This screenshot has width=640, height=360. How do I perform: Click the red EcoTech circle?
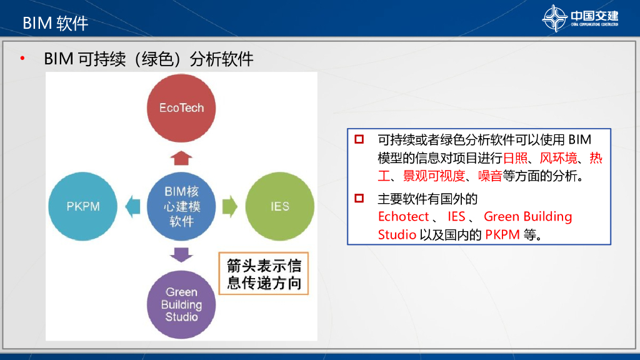181,108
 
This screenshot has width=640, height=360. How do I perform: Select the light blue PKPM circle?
83,206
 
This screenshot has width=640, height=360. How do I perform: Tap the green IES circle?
280,206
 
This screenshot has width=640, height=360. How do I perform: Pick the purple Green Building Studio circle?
181,304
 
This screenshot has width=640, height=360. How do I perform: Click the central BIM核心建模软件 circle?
181,206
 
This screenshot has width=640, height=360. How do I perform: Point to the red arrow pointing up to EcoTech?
181,158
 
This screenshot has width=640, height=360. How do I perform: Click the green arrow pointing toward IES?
230,206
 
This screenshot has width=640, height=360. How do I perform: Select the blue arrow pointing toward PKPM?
132,206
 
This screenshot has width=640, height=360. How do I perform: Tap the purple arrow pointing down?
181,255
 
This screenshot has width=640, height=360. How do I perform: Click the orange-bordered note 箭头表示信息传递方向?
264,274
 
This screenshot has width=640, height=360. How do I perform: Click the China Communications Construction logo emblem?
555,18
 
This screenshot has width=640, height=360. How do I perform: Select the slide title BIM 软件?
56,23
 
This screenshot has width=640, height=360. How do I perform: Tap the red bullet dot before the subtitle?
22,59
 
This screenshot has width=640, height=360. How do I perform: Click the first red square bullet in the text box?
359,139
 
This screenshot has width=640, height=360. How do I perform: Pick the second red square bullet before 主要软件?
359,198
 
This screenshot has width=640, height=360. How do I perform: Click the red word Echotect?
403,216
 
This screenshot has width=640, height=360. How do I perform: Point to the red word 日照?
515,158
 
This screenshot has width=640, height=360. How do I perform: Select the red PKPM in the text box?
502,235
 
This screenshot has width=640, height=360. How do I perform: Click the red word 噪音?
490,176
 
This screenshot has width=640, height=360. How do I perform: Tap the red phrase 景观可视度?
434,176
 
